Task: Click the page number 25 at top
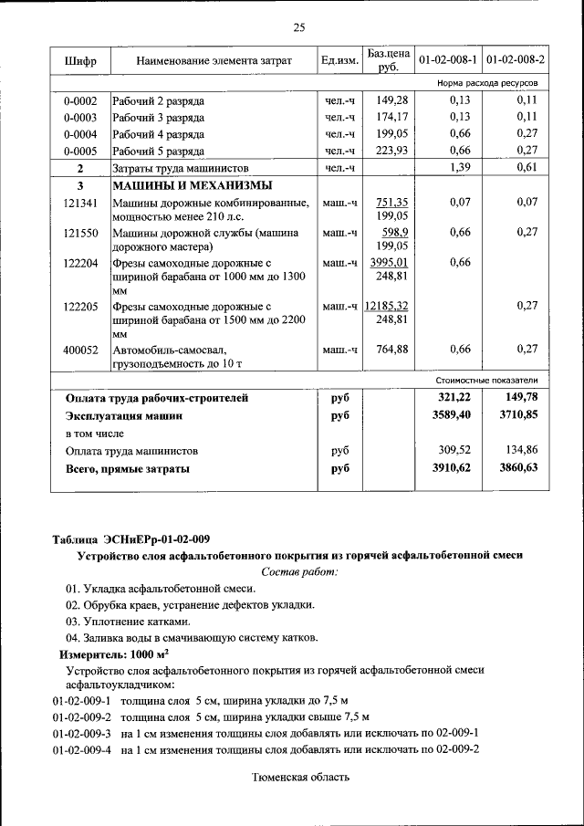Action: click(x=298, y=26)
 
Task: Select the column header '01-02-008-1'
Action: click(x=448, y=60)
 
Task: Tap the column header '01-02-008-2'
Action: click(x=516, y=60)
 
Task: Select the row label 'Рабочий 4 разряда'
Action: click(x=158, y=134)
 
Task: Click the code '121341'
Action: click(x=80, y=203)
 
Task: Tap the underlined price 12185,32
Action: click(x=385, y=306)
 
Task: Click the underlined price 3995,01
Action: click(x=388, y=263)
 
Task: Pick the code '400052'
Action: click(x=80, y=349)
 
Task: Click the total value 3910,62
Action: click(x=454, y=468)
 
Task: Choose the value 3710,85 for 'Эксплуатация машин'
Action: click(x=519, y=415)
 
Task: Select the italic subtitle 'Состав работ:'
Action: click(x=298, y=571)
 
